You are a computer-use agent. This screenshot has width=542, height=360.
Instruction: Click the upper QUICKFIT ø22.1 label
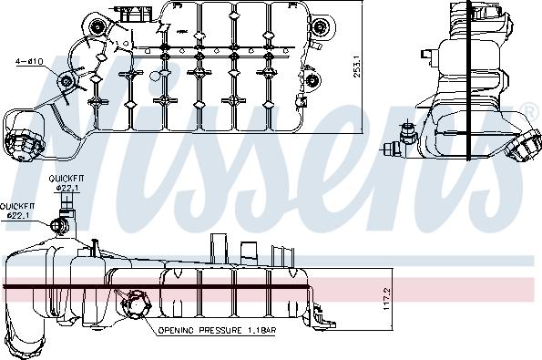67,182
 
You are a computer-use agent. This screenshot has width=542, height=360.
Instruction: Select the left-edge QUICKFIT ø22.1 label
17,211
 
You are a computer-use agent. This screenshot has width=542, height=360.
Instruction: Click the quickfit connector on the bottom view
61,224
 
